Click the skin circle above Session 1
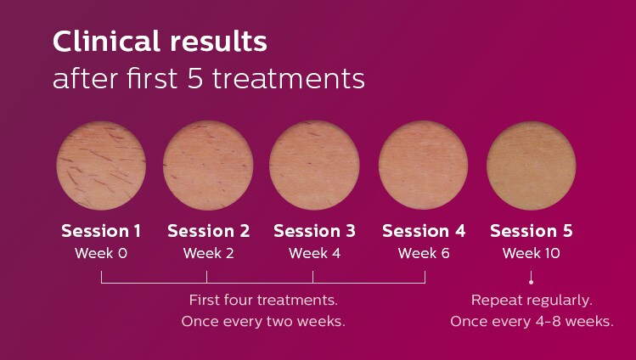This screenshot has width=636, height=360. coord(101,166)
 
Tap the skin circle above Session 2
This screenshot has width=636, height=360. coord(208,166)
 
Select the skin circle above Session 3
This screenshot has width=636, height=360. coord(314,166)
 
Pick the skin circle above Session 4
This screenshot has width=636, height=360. coord(423,166)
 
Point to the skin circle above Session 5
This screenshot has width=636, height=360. coord(531,166)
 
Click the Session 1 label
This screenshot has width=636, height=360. coord(101,231)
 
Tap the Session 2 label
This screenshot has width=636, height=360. coord(209,231)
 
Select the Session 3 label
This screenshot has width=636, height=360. coord(314,231)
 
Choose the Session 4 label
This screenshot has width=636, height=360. coord(424,231)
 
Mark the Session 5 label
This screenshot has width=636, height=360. coord(532,231)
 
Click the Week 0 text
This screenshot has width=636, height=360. coord(101,253)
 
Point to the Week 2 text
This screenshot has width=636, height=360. coord(209,253)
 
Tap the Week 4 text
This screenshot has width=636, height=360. coord(315,253)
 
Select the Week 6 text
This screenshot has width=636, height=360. coord(424,253)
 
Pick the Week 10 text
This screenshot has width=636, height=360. coord(532,253)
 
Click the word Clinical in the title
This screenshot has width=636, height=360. coord(106,42)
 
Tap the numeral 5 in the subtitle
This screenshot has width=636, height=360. coord(195,79)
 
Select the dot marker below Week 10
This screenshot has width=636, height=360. coord(531,282)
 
